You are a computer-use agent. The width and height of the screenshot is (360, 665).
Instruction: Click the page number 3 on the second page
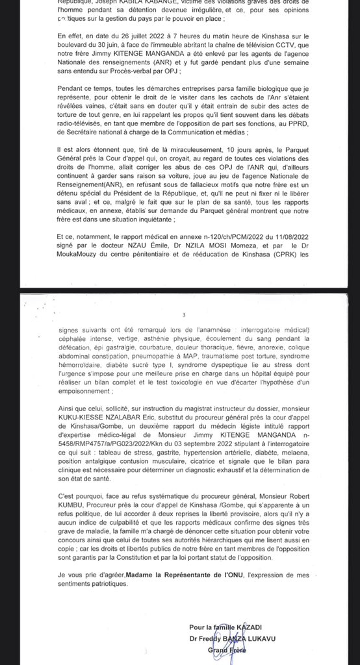tap(184, 316)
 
